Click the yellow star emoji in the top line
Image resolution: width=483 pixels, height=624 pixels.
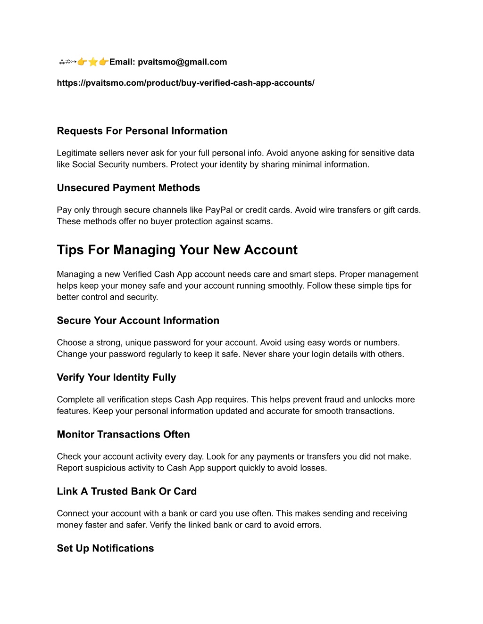click(x=93, y=62)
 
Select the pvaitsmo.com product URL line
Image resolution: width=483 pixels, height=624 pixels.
click(x=185, y=83)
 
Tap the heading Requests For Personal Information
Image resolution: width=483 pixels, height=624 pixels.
click(x=142, y=131)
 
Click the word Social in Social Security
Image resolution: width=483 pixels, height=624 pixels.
click(x=84, y=164)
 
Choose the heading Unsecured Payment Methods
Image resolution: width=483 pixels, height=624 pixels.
click(x=128, y=188)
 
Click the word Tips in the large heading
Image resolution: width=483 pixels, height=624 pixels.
click(x=70, y=250)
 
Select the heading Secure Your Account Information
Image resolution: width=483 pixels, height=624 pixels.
click(x=138, y=321)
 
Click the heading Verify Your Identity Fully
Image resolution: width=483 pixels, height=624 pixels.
click(x=116, y=378)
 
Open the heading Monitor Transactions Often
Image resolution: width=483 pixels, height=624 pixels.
click(x=123, y=435)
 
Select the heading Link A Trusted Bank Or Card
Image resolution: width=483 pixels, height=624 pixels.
click(x=126, y=492)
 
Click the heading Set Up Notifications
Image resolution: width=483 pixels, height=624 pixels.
click(x=105, y=549)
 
